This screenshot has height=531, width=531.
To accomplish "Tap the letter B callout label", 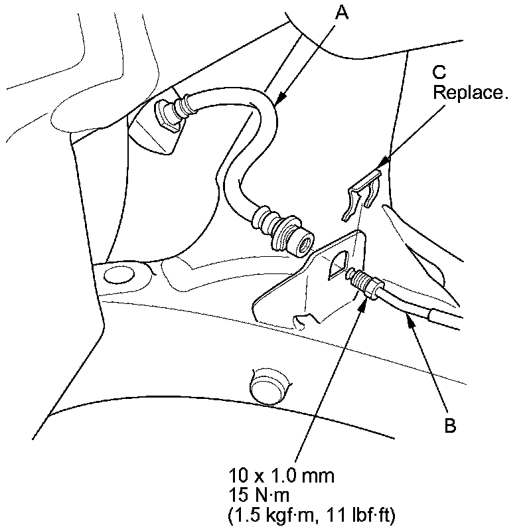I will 450,426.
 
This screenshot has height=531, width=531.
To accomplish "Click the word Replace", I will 471,92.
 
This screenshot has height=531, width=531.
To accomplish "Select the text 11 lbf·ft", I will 361,514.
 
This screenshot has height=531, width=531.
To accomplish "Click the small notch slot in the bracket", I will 302,322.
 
